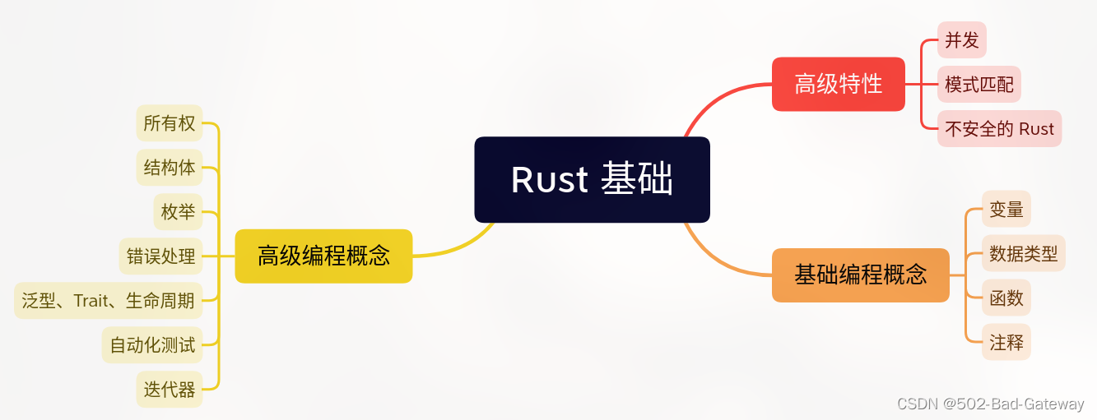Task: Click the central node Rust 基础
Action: [x=592, y=179]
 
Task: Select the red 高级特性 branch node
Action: [x=838, y=84]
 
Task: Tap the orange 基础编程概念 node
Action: [x=860, y=275]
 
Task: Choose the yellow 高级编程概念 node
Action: [x=323, y=256]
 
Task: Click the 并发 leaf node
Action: [x=962, y=40]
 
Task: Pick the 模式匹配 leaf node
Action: [x=978, y=85]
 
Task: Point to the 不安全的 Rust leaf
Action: [x=999, y=129]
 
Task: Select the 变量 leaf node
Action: [x=1006, y=209]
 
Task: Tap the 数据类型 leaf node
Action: [x=1023, y=253]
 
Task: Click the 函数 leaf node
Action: [x=1006, y=298]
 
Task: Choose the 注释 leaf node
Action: [x=1006, y=342]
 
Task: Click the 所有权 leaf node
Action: [x=169, y=123]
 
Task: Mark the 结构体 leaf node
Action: [x=169, y=168]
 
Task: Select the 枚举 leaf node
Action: [x=178, y=212]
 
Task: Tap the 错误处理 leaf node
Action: [x=160, y=256]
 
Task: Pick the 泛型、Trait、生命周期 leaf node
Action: [x=109, y=301]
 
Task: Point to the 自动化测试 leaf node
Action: [x=152, y=345]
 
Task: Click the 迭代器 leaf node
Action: [x=169, y=390]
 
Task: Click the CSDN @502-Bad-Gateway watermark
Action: [x=990, y=404]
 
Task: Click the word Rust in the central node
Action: [x=549, y=180]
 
